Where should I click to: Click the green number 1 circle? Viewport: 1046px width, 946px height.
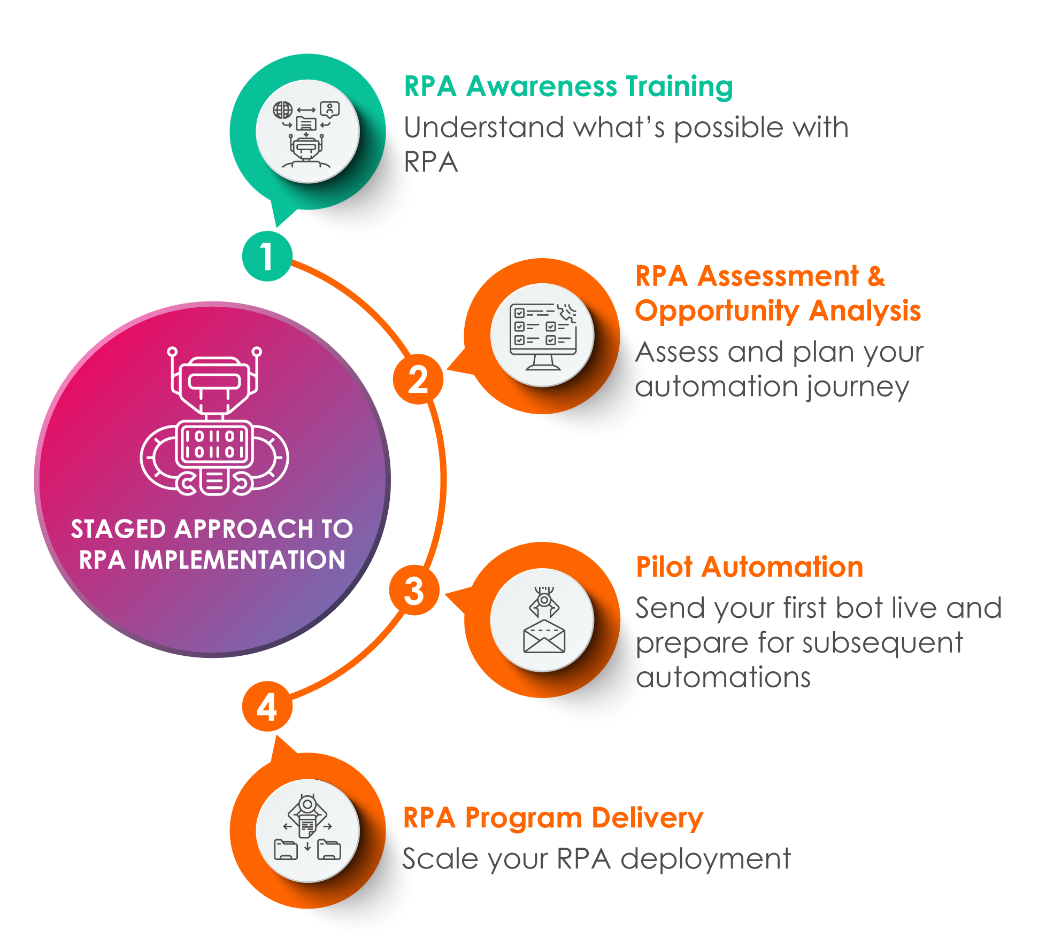pos(267,256)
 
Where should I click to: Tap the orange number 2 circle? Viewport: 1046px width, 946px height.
pos(418,379)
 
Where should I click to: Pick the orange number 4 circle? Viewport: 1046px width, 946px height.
pos(267,707)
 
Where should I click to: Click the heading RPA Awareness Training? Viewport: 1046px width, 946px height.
pos(568,87)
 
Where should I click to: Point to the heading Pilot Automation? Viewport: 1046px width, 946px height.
pos(749,567)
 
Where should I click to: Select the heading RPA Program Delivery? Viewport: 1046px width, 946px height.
pos(553,818)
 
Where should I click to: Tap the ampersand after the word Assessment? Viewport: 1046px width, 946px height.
pos(876,276)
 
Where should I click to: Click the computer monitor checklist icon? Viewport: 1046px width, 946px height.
pos(543,336)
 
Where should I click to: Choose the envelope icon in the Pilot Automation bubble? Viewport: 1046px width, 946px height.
pos(544,637)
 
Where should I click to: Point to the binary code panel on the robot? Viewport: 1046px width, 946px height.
pos(214,444)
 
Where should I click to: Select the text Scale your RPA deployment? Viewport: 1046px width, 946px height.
pos(596,859)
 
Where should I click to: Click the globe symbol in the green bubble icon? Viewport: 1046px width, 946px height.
pos(283,110)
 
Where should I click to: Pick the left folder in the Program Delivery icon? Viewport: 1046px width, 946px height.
pos(286,849)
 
